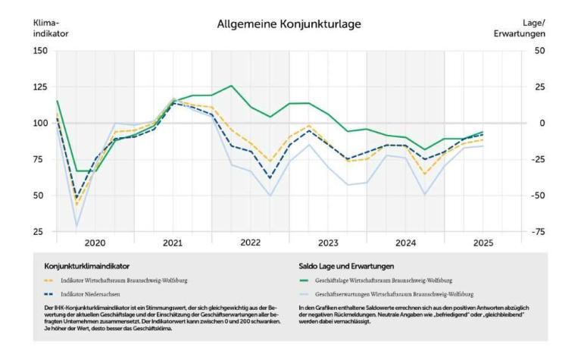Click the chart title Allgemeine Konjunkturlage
(x=289, y=24)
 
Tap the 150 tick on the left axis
(x=39, y=51)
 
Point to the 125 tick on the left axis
(x=39, y=86)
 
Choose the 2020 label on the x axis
(x=95, y=243)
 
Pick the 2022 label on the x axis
(x=250, y=243)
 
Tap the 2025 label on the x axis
(x=483, y=243)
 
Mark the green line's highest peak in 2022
(x=232, y=86)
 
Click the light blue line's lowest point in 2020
(x=76, y=226)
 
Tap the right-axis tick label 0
(x=541, y=123)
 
